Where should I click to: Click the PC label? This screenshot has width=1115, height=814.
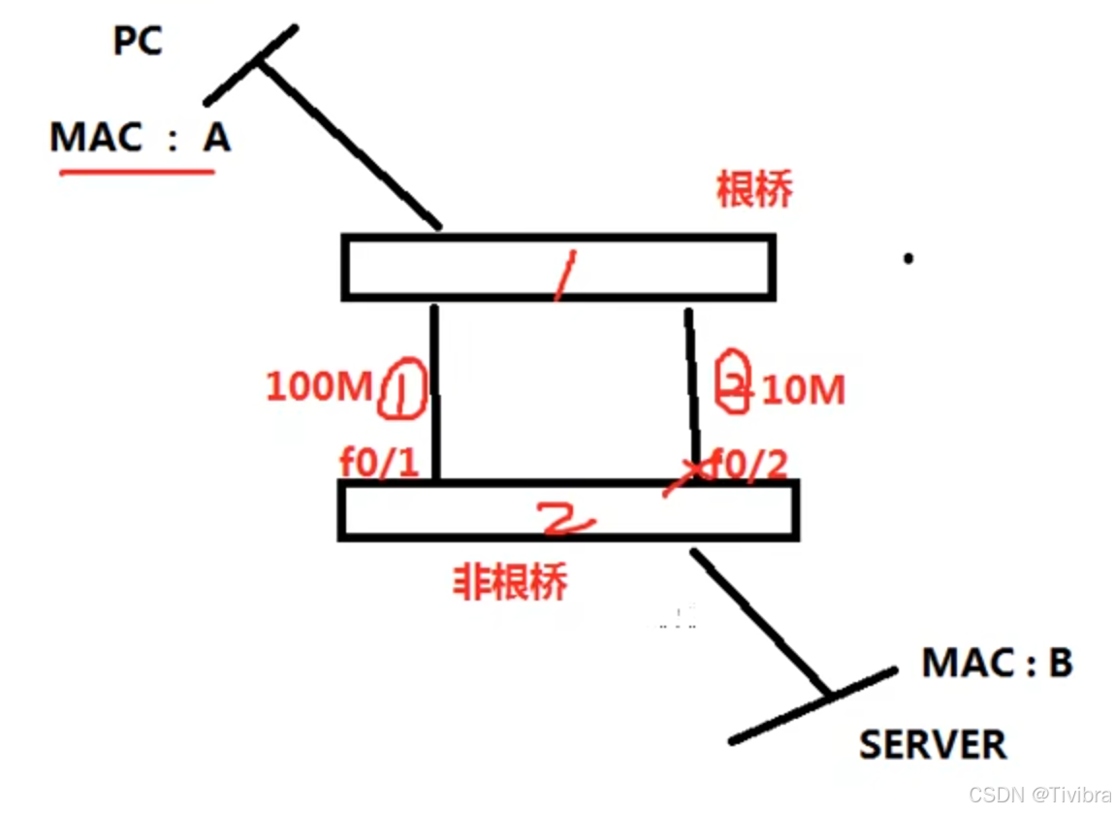(138, 42)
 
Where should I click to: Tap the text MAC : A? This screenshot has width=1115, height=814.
(140, 138)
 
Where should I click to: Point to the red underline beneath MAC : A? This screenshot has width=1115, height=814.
(137, 173)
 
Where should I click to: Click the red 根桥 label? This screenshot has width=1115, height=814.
(754, 190)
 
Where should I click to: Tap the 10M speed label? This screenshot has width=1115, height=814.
(804, 390)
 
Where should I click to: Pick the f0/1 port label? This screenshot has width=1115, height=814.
(379, 463)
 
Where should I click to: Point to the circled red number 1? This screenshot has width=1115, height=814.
(400, 389)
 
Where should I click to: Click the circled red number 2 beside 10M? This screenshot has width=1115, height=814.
(734, 385)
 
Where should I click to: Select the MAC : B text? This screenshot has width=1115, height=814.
(997, 663)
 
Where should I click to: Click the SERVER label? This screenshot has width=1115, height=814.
(933, 744)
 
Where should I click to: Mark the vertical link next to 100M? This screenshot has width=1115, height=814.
(435, 392)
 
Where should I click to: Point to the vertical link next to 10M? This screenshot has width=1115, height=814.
(692, 392)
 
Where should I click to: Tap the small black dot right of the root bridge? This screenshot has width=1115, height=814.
(908, 258)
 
